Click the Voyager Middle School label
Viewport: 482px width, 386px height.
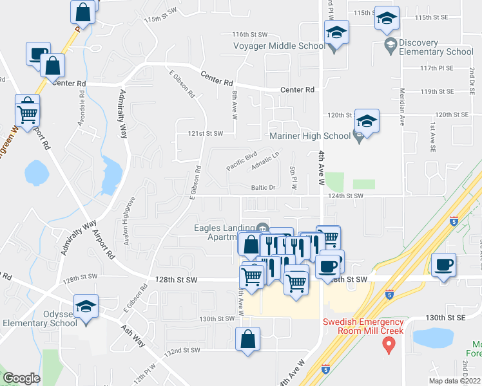click(x=280, y=46)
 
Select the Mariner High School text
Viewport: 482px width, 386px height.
click(x=309, y=136)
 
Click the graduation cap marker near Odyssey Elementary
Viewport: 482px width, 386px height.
click(x=85, y=308)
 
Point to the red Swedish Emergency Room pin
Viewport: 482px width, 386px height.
click(x=389, y=346)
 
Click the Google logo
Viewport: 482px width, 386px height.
click(x=21, y=378)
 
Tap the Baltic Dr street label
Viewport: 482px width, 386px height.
click(x=263, y=188)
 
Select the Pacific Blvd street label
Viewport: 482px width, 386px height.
click(x=242, y=161)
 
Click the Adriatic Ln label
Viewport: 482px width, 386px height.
click(x=267, y=161)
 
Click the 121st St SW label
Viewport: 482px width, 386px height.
click(x=206, y=134)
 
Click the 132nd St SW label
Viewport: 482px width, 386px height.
click(x=182, y=351)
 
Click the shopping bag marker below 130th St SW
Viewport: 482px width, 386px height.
click(x=248, y=340)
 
